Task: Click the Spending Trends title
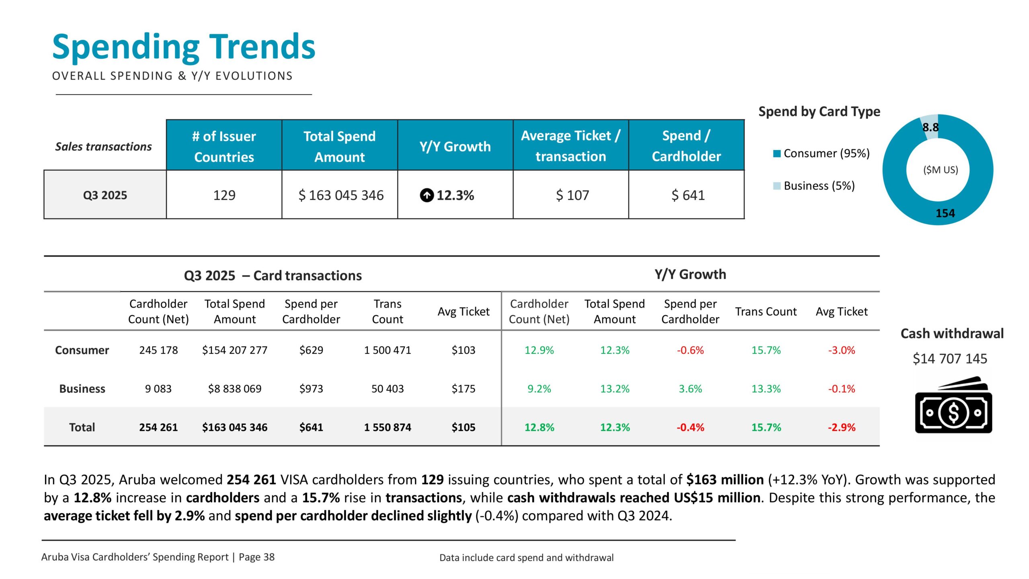[184, 47]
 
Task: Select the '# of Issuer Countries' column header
[224, 146]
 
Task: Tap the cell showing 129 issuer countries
[224, 195]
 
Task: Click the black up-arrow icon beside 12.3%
[426, 195]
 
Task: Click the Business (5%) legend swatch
[777, 186]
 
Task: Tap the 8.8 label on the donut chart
[930, 127]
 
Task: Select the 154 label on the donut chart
[945, 213]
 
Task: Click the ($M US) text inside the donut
[940, 170]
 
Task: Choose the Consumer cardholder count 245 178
[158, 350]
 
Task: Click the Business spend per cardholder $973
[311, 389]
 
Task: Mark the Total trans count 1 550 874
[387, 427]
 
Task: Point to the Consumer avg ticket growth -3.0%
[841, 350]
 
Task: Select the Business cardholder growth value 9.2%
[539, 389]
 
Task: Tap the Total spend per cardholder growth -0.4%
[690, 427]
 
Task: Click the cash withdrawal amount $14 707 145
[950, 359]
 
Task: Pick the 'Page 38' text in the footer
[256, 557]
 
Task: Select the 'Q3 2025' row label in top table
[105, 195]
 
